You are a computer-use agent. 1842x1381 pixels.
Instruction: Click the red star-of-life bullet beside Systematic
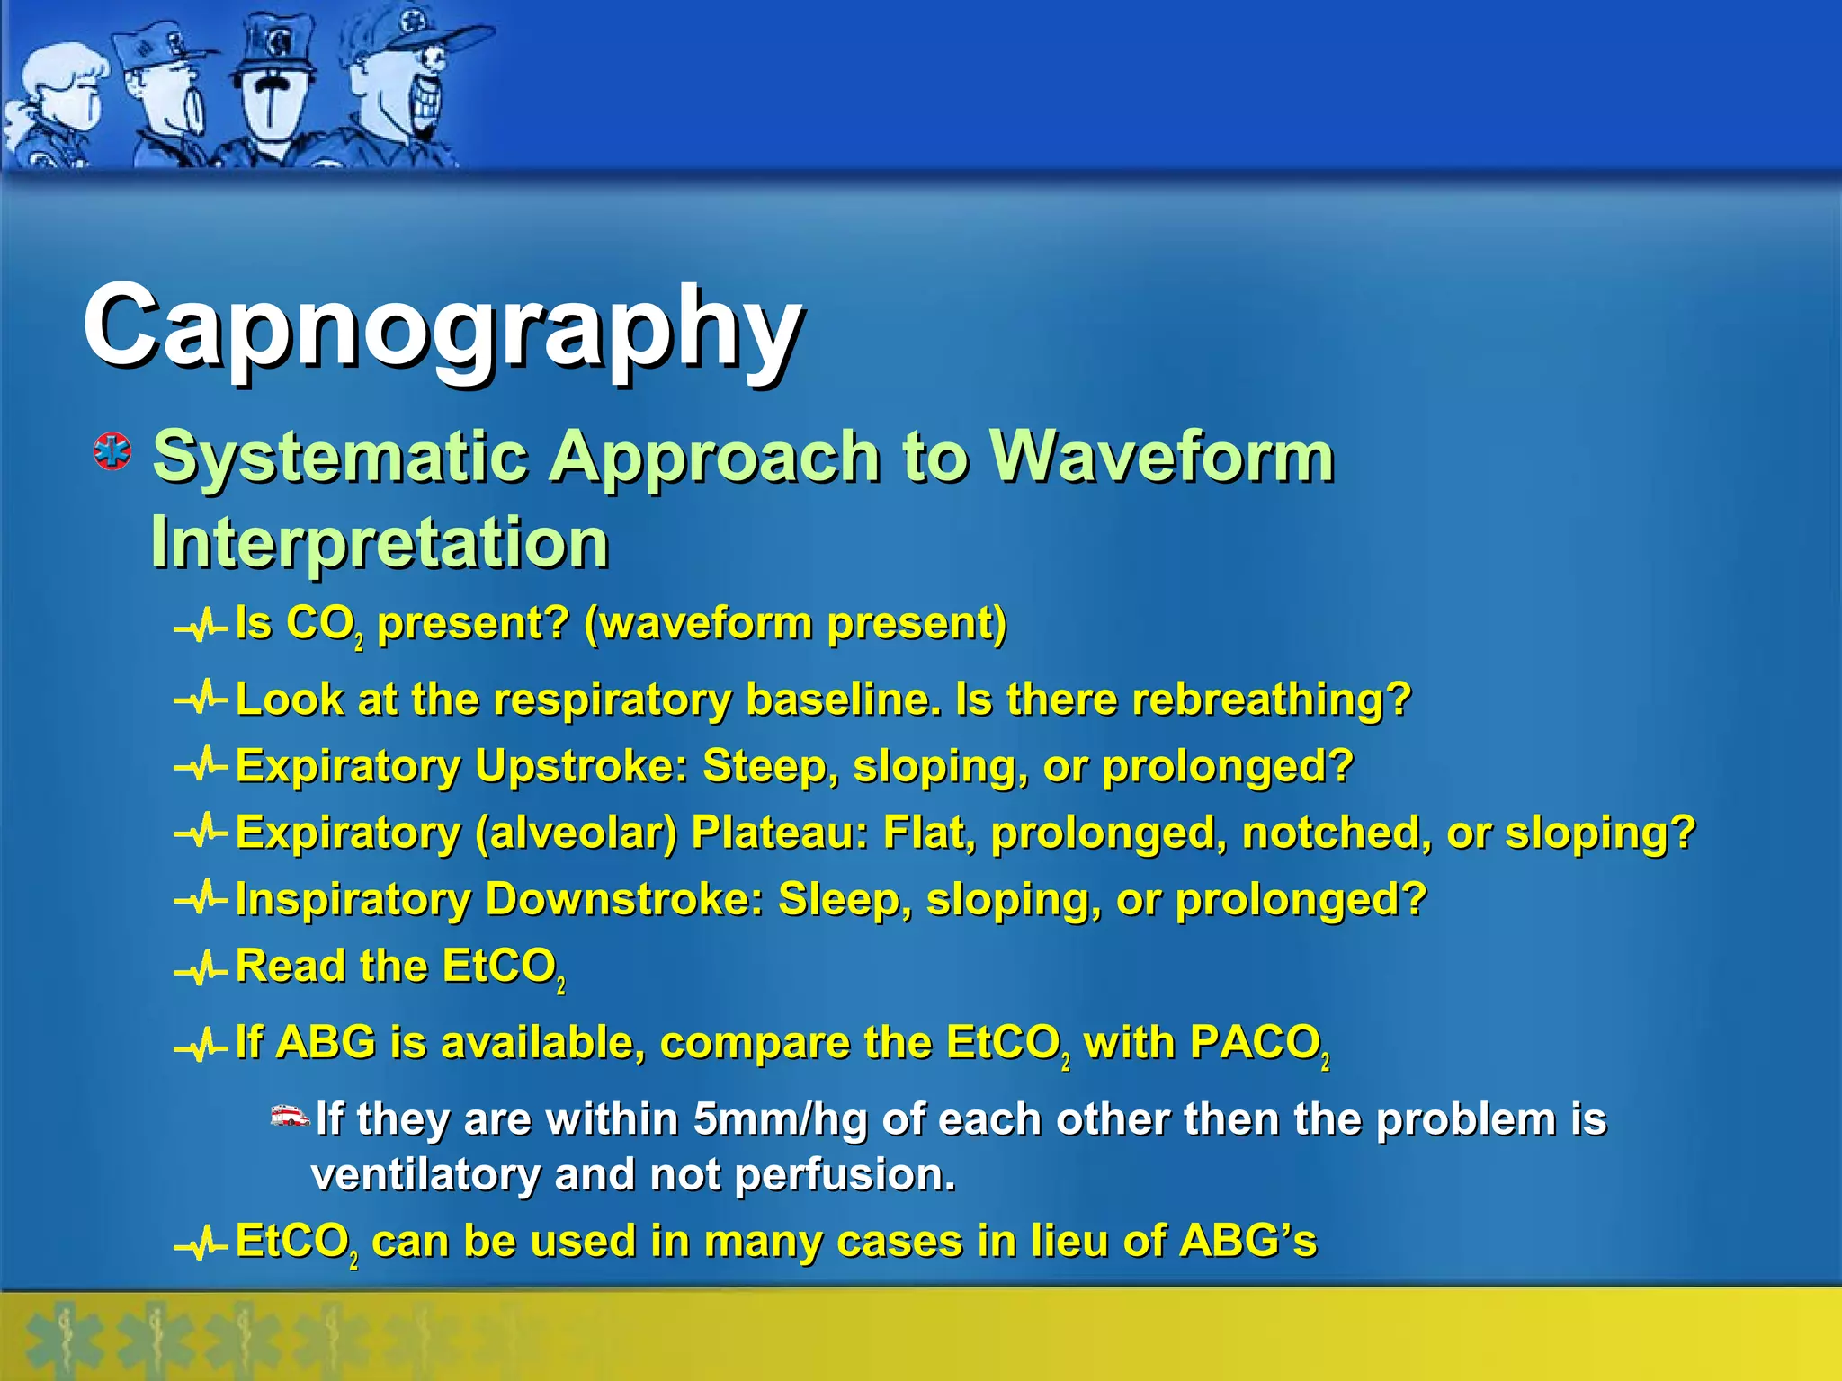(x=112, y=451)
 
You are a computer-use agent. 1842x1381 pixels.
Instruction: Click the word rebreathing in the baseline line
(x=1271, y=699)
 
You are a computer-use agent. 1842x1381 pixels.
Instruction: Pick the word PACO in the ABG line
(x=1254, y=1043)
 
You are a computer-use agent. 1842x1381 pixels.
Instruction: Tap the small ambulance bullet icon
(x=290, y=1116)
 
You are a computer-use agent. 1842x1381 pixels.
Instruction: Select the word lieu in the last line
(x=1069, y=1241)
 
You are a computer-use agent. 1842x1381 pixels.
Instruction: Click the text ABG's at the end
(x=1247, y=1241)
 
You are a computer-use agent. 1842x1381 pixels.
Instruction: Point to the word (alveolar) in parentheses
(x=576, y=833)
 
